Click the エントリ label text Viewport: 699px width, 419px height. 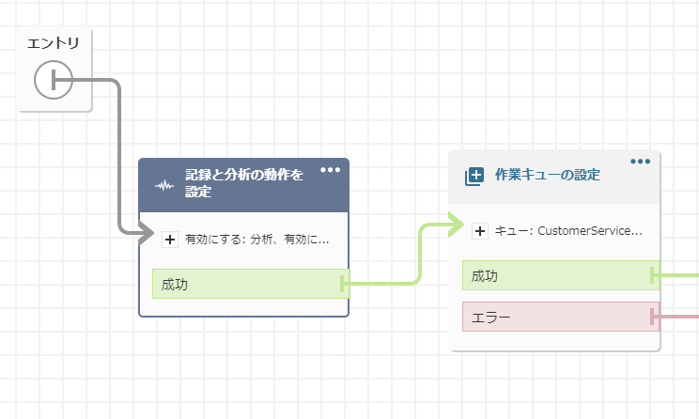(53, 43)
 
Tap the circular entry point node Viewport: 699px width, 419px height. (54, 80)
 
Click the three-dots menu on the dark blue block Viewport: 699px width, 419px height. (331, 170)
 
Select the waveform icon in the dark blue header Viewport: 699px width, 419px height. (164, 185)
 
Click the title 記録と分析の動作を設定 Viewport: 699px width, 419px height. (244, 183)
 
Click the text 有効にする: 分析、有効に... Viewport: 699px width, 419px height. (256, 240)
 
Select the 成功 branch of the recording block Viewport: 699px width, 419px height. (251, 284)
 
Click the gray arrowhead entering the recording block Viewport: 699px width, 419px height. (147, 233)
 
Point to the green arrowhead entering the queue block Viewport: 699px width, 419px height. (457, 225)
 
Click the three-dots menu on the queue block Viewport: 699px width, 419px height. (640, 162)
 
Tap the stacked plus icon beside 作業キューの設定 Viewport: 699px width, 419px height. (474, 177)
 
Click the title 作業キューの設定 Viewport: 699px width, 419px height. (548, 175)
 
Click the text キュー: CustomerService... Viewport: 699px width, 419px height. (568, 231)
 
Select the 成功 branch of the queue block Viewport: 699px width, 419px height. (561, 275)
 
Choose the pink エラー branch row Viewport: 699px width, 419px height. (561, 317)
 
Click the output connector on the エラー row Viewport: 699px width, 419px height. (653, 317)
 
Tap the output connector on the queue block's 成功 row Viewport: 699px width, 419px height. (653, 275)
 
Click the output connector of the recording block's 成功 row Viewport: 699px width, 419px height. (343, 284)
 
